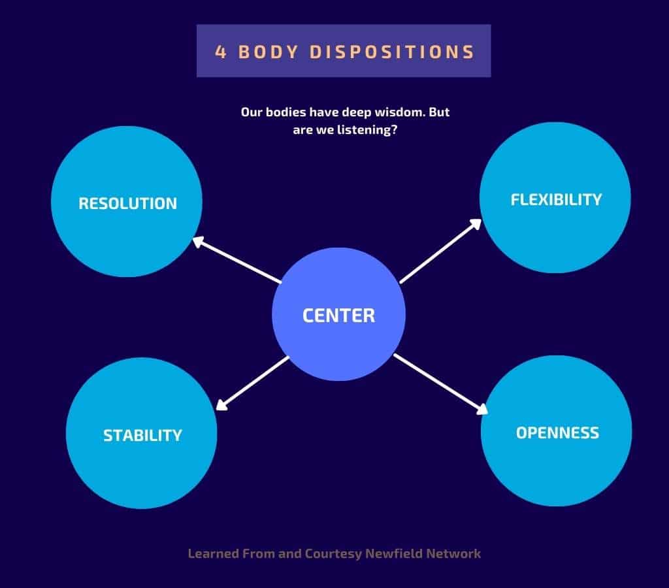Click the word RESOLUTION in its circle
pyautogui.click(x=127, y=203)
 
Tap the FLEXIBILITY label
pyautogui.click(x=556, y=199)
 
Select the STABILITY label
pyautogui.click(x=142, y=435)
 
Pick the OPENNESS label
pyautogui.click(x=557, y=433)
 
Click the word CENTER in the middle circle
pyautogui.click(x=338, y=316)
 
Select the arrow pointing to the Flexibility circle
pyautogui.click(x=440, y=252)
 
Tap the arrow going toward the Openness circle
pyautogui.click(x=440, y=385)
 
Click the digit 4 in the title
pyautogui.click(x=221, y=52)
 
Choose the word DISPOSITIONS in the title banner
pyautogui.click(x=391, y=52)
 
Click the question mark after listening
pyautogui.click(x=395, y=130)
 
